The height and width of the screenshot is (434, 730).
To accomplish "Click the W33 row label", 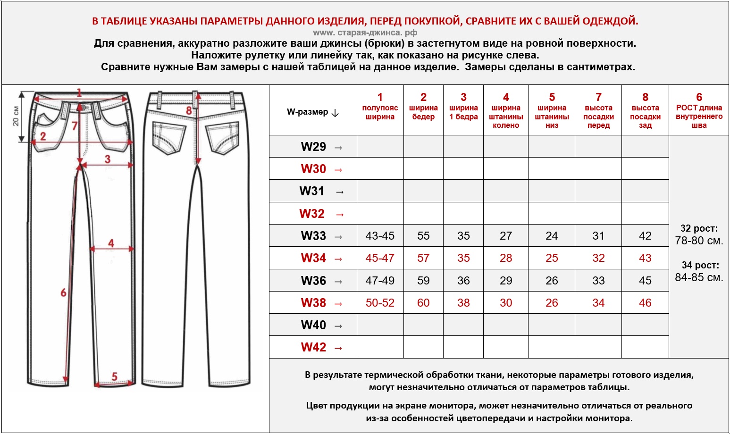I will pyautogui.click(x=313, y=236).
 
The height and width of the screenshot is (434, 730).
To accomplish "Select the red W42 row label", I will pyautogui.click(x=313, y=348).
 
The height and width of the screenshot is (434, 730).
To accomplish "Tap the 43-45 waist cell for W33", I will pyautogui.click(x=380, y=236).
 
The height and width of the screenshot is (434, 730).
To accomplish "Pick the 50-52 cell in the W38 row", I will pyautogui.click(x=380, y=303).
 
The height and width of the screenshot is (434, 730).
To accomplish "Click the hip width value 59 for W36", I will pyautogui.click(x=423, y=281).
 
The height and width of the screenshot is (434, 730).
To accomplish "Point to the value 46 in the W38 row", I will pyautogui.click(x=645, y=303).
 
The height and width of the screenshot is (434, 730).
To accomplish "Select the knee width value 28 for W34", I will pyautogui.click(x=506, y=258).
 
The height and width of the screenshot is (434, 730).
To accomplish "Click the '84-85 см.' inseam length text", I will pyautogui.click(x=699, y=277).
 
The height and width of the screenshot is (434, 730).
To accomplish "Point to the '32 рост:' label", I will pyautogui.click(x=699, y=229).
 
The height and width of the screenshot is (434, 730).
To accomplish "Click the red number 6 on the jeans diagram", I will pyautogui.click(x=63, y=293).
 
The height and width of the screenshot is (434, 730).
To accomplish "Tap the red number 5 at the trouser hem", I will pyautogui.click(x=114, y=376).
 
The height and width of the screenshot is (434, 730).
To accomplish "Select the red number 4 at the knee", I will pyautogui.click(x=111, y=243).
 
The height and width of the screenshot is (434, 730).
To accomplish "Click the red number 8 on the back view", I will pyautogui.click(x=189, y=111).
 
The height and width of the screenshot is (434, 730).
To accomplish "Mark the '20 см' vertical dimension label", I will pyautogui.click(x=16, y=116).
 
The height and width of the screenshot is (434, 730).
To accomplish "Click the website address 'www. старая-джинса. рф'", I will pyautogui.click(x=365, y=33).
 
